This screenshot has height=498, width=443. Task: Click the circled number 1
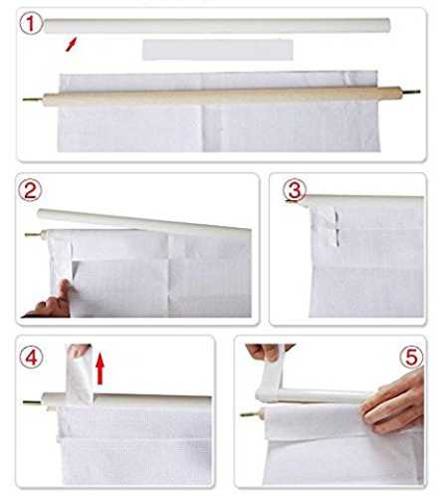pyautogui.click(x=31, y=23)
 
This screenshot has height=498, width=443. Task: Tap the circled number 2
pyautogui.click(x=30, y=190)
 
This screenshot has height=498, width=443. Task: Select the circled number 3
pyautogui.click(x=294, y=190)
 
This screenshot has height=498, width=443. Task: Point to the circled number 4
pyautogui.click(x=32, y=358)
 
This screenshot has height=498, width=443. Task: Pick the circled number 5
pyautogui.click(x=412, y=358)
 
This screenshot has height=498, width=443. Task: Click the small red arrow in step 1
pyautogui.click(x=72, y=44)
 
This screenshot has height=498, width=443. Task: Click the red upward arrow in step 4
pyautogui.click(x=100, y=369)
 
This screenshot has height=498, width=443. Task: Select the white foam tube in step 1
pyautogui.click(x=217, y=26)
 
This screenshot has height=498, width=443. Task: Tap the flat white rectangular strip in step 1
pyautogui.click(x=218, y=50)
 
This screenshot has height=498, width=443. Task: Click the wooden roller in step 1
pyautogui.click(x=222, y=96)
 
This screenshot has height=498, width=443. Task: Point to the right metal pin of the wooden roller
pyautogui.click(x=411, y=92)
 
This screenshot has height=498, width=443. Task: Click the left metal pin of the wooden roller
pyautogui.click(x=33, y=99)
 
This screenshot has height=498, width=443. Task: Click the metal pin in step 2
pyautogui.click(x=33, y=234)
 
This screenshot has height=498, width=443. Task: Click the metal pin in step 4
pyautogui.click(x=33, y=402)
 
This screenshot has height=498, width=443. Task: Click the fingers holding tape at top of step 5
pyautogui.click(x=267, y=353)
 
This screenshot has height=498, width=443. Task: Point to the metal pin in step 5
pyautogui.click(x=251, y=414)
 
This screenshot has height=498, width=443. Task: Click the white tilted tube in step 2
pyautogui.click(x=143, y=221)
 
